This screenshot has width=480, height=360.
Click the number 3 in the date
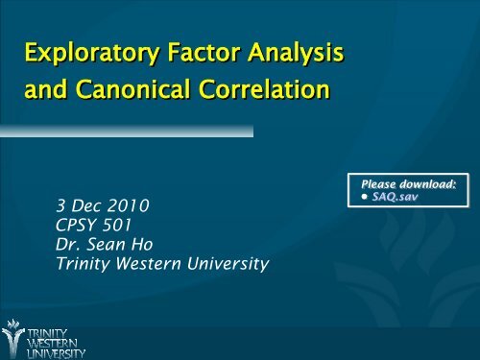(x=60, y=206)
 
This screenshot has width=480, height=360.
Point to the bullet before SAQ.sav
(x=367, y=197)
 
